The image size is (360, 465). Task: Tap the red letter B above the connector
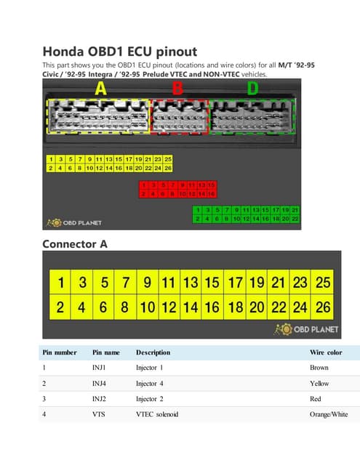click(x=177, y=89)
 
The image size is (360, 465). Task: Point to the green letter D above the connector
click(x=252, y=89)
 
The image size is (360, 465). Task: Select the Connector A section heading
click(x=75, y=244)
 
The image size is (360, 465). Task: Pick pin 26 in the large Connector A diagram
click(x=323, y=307)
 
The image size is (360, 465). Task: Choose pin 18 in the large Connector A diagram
click(x=235, y=307)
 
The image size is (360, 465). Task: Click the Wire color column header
click(x=325, y=352)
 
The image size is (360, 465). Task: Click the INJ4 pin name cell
click(x=100, y=383)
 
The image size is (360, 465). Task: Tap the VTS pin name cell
click(x=99, y=414)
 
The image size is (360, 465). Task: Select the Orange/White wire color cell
click(x=329, y=414)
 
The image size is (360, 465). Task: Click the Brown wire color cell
click(x=319, y=368)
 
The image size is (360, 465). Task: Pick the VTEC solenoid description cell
click(x=159, y=414)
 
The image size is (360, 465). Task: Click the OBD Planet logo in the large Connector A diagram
click(x=305, y=330)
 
